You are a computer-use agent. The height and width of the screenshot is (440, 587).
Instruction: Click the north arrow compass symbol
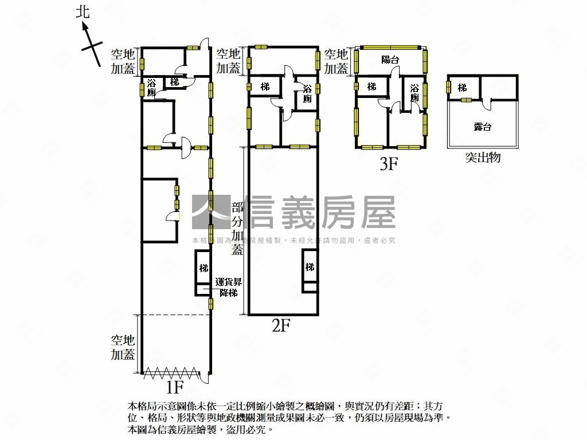[x=89, y=41]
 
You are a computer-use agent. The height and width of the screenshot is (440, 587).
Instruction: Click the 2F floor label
[x=281, y=326]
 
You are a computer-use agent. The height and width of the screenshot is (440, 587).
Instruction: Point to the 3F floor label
[x=388, y=164]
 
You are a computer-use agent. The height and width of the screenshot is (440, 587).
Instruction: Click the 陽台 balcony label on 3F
[x=390, y=60]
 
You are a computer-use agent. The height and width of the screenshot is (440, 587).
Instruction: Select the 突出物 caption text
[x=483, y=157]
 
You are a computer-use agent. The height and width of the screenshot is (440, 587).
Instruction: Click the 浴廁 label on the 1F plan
[x=151, y=88]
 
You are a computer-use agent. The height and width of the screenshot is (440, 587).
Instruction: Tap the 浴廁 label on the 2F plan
[x=308, y=93]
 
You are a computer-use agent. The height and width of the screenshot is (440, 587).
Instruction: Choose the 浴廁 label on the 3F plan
[x=414, y=93]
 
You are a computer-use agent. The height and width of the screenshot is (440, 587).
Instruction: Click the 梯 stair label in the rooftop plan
[x=462, y=87]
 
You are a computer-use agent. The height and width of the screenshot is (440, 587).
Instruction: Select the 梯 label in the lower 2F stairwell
[x=310, y=268]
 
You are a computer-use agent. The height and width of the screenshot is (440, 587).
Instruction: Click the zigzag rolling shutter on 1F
[x=171, y=373]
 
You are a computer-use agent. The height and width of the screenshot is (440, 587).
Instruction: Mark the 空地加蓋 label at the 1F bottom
[x=123, y=347]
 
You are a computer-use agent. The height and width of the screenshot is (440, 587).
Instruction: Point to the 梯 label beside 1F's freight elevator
[x=204, y=268]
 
